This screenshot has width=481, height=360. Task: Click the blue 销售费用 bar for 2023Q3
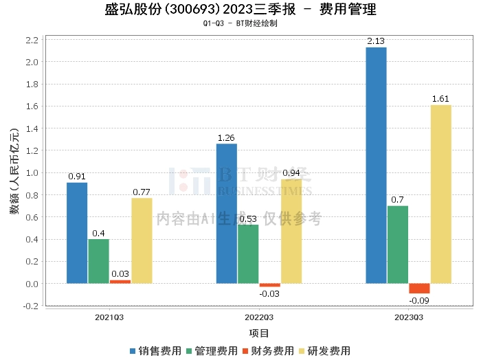[376, 165]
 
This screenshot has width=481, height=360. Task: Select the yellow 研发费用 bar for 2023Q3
[441, 194]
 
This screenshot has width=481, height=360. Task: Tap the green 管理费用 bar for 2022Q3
[248, 254]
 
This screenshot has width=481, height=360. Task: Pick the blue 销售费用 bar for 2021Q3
[77, 233]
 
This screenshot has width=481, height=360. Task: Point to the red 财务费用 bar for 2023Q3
[419, 289]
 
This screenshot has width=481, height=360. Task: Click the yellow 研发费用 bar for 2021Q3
[142, 240]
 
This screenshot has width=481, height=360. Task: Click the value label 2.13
[376, 41]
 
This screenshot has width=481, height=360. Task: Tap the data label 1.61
[441, 99]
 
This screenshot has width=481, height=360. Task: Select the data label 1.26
[227, 137]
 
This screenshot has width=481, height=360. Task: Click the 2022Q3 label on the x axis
[259, 317]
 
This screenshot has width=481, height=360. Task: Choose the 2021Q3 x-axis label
[109, 317]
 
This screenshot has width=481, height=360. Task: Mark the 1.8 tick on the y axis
[32, 106]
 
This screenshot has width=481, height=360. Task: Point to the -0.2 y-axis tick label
[30, 306]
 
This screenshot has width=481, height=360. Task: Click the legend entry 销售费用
[155, 350]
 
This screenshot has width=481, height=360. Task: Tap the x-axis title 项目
[259, 333]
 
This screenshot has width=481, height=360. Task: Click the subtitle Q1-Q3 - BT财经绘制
[240, 23]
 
